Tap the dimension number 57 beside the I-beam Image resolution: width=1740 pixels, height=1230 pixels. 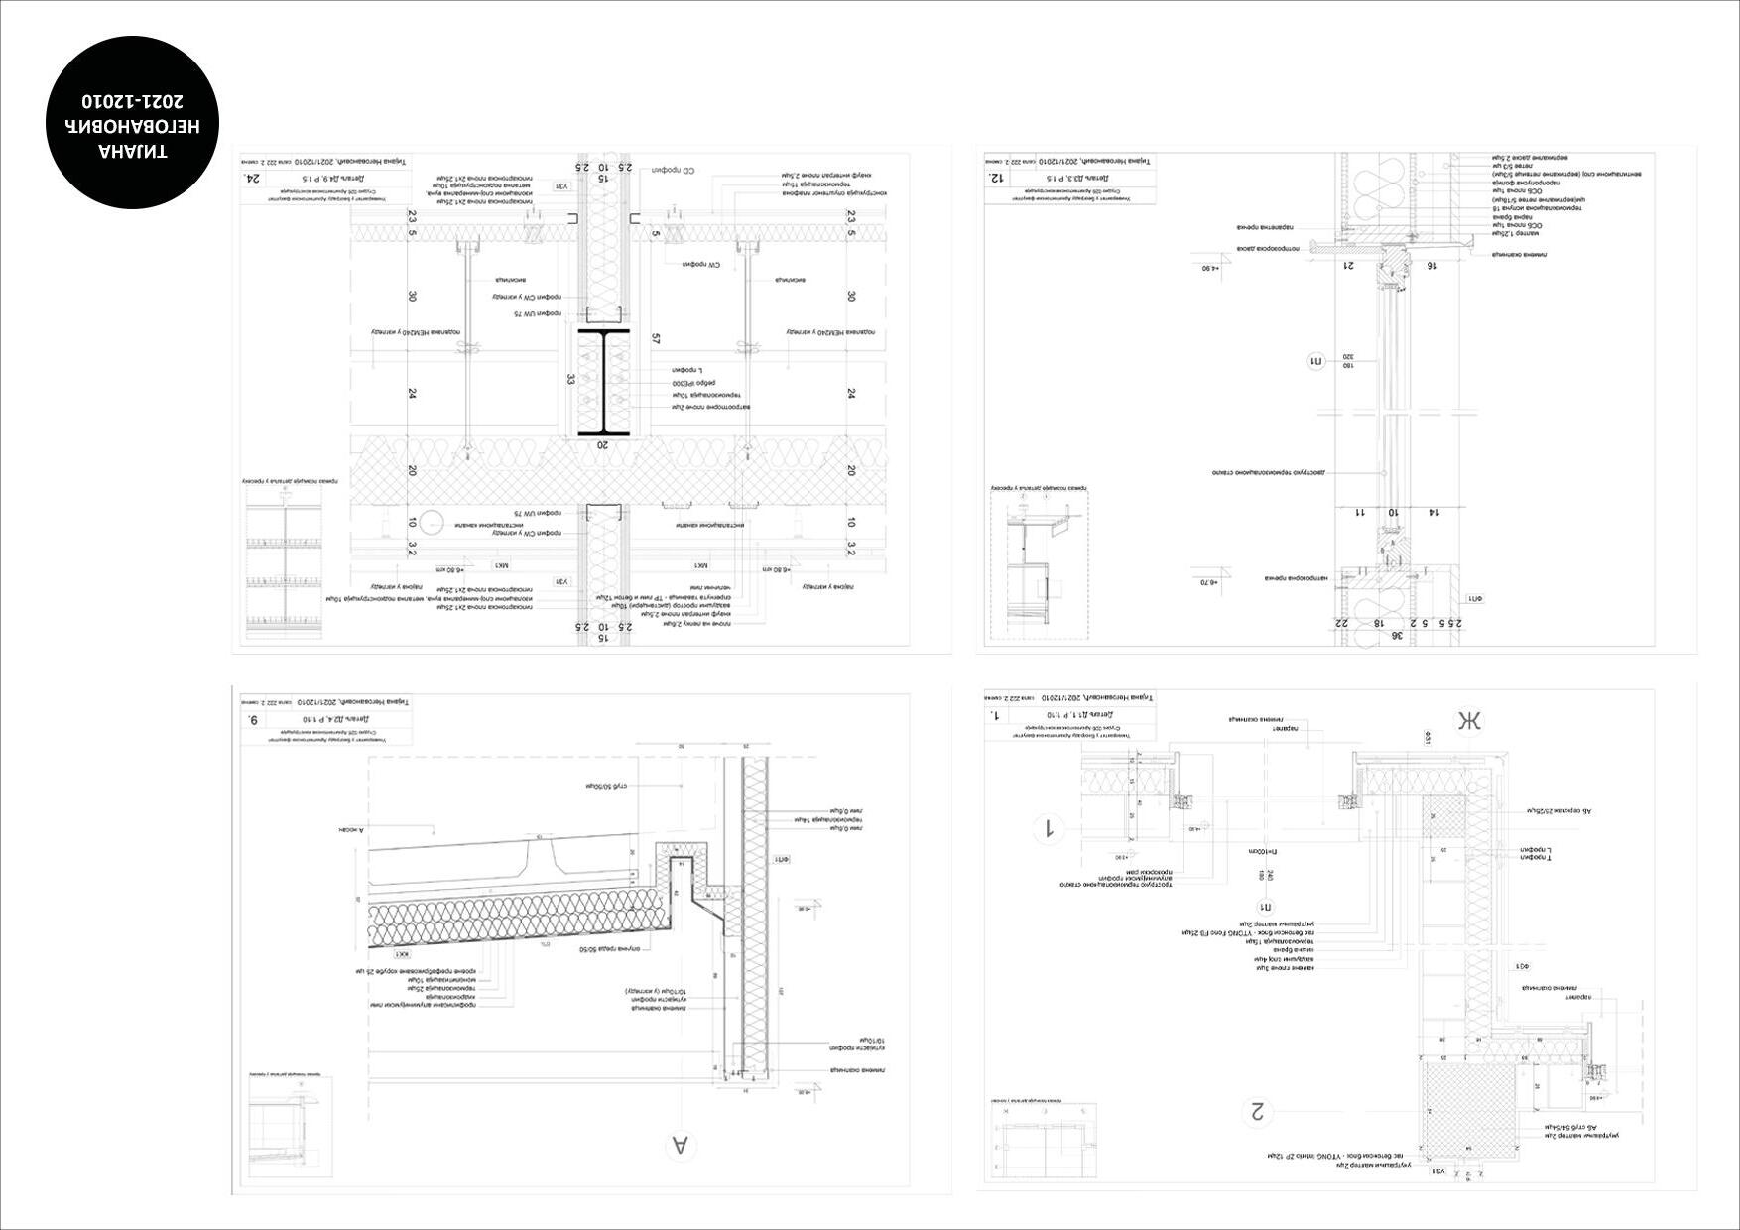click(x=656, y=339)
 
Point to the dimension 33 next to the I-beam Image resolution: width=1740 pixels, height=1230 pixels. click(x=571, y=379)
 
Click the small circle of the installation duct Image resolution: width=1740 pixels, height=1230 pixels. click(x=432, y=522)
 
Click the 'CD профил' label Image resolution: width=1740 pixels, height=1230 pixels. click(x=675, y=171)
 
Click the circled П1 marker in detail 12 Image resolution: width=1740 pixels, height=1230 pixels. click(x=1316, y=362)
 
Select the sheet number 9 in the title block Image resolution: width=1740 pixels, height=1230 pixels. click(x=254, y=719)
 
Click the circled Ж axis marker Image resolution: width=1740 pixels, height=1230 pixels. click(x=1468, y=721)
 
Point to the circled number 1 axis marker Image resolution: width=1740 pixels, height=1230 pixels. click(x=1046, y=828)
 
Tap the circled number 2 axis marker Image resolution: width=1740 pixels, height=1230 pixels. click(x=1259, y=1111)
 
